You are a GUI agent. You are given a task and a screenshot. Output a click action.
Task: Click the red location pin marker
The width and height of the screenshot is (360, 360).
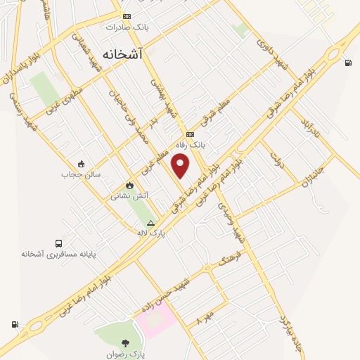(181, 165)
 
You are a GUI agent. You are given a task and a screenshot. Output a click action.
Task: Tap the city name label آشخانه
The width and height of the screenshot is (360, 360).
(122, 53)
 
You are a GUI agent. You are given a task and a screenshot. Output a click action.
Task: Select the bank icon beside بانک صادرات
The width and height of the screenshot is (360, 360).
(127, 16)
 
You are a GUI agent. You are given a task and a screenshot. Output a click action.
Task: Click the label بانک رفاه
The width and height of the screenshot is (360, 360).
(191, 146)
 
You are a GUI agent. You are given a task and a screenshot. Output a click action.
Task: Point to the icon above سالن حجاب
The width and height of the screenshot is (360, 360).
(82, 164)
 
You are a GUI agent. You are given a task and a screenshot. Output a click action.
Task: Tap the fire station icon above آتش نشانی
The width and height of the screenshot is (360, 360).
(129, 186)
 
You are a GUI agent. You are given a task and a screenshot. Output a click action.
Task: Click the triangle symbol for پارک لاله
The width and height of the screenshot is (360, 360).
(150, 223)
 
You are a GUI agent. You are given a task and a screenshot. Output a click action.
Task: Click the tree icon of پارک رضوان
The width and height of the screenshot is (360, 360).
(125, 344)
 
